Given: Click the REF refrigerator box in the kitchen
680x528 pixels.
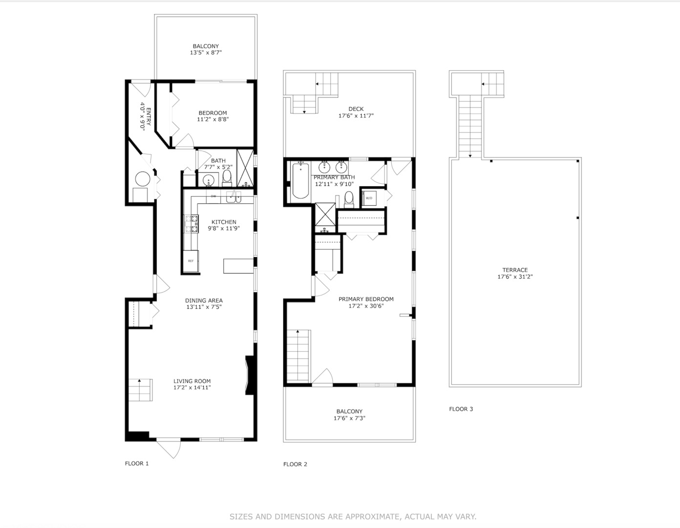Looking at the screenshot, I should (191, 261).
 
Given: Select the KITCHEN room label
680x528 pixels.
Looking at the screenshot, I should (224, 222).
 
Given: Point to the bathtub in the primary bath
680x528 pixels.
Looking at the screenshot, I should (300, 181).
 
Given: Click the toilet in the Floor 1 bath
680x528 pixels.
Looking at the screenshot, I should (227, 177).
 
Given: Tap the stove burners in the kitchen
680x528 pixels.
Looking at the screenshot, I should (191, 223).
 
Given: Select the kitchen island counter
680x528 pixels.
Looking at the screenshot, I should (238, 266).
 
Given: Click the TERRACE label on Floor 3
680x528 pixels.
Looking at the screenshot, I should (515, 270).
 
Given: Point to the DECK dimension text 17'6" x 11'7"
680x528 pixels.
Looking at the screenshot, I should (356, 116).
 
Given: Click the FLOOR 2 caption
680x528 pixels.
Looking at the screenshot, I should (295, 464).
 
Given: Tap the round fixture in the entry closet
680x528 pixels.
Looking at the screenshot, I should (142, 179).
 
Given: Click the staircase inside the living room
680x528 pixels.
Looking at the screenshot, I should (140, 390).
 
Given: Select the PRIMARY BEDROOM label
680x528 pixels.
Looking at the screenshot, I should (366, 299).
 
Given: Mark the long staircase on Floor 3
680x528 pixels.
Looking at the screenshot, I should (470, 126).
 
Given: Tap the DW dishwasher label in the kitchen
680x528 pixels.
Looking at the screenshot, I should (213, 197).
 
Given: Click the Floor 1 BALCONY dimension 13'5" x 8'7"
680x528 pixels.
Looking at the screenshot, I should (206, 52).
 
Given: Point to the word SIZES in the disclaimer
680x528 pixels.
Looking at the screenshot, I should (241, 516).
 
